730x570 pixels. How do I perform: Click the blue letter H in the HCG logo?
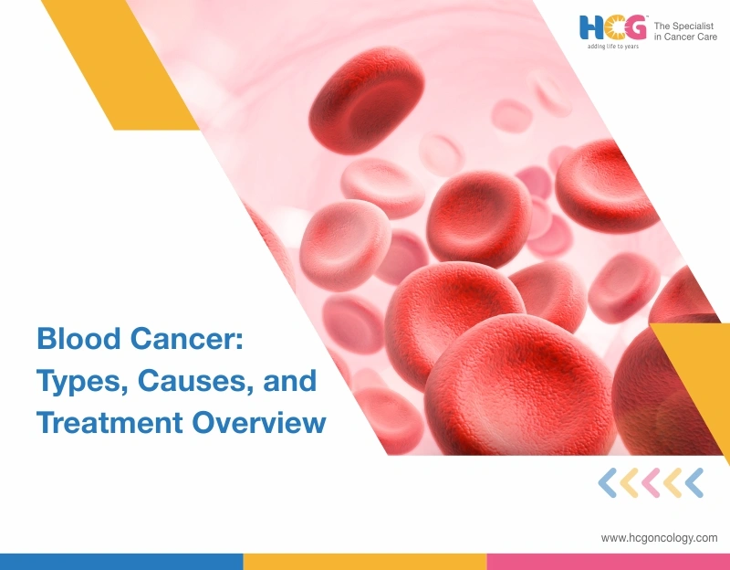590,28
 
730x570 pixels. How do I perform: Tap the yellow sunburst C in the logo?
611,28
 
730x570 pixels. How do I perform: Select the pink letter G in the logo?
633,28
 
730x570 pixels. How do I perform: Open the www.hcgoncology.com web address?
659,538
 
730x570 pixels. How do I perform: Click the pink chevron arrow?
651,482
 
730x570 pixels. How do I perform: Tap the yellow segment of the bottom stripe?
364,561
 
